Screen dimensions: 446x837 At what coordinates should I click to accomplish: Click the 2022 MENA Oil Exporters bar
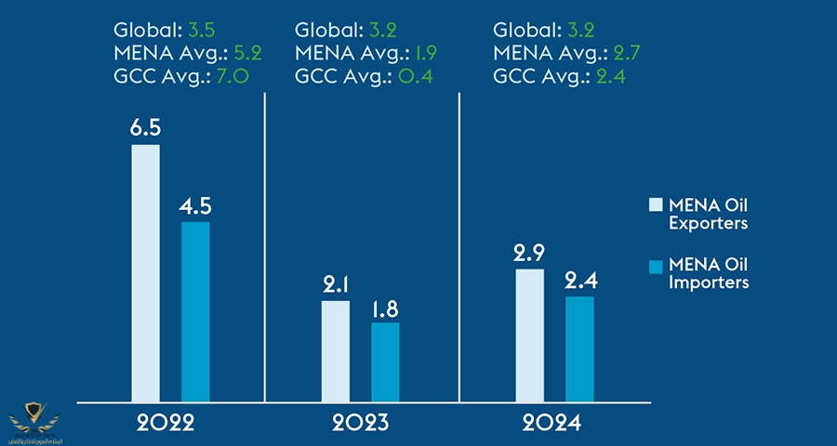(x=145, y=273)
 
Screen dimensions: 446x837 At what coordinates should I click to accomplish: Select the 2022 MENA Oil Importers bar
(x=195, y=311)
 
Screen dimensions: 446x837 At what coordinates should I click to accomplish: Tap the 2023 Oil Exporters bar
(x=336, y=351)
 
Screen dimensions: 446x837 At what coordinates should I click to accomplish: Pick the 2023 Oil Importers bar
(x=385, y=362)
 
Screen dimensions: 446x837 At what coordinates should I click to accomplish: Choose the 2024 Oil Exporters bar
(x=529, y=335)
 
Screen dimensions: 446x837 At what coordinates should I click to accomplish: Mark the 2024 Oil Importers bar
(x=578, y=349)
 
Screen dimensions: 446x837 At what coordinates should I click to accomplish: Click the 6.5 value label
(x=145, y=126)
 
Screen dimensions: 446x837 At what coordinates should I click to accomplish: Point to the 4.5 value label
(x=195, y=204)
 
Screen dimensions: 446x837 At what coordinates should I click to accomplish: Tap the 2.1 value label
(x=336, y=283)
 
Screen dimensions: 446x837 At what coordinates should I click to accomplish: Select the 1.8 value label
(x=385, y=306)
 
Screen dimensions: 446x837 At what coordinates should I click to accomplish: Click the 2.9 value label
(x=529, y=252)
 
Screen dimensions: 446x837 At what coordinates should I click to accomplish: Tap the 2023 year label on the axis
(x=362, y=424)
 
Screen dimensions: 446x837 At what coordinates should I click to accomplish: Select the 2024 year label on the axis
(x=552, y=424)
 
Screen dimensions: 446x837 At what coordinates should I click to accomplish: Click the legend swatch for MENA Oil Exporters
(x=655, y=204)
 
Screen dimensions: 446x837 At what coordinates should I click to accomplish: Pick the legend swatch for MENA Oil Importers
(x=655, y=267)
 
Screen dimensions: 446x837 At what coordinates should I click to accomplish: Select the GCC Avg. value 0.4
(x=410, y=75)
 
